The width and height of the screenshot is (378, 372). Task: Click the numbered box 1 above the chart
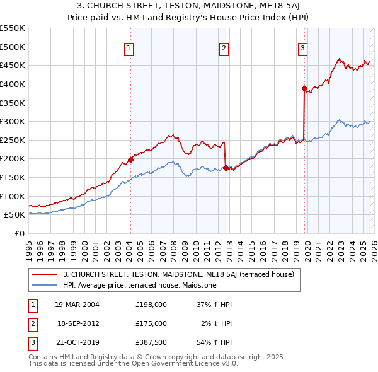(129, 47)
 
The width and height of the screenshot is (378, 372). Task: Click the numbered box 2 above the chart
(224, 47)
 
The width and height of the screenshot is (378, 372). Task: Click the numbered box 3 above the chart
(303, 47)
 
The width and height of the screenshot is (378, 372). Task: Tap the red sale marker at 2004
(130, 160)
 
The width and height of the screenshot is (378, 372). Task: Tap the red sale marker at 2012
(226, 168)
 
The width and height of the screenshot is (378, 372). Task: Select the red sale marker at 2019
(304, 88)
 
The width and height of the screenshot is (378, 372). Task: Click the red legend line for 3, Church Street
(45, 274)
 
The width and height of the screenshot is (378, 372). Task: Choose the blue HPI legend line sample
(45, 285)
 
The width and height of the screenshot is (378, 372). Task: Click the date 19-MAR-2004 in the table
(77, 304)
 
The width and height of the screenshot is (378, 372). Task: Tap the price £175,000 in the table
(151, 323)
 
